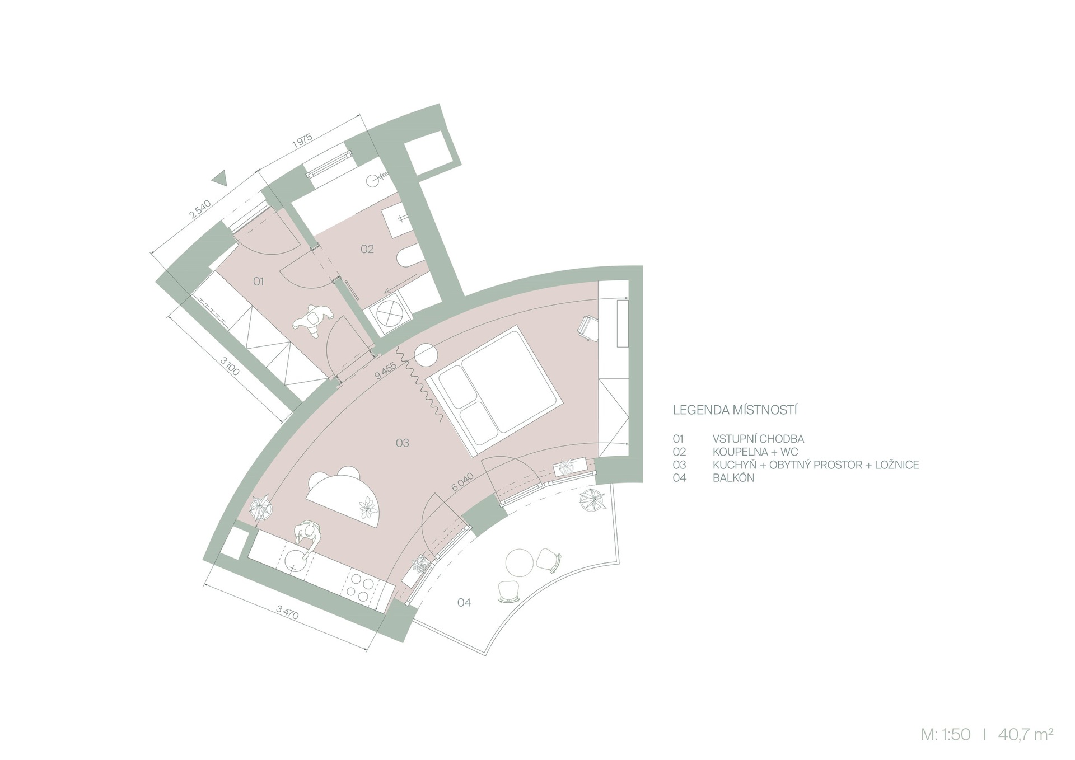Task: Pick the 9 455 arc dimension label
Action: [x=385, y=371]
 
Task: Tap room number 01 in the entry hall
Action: [x=258, y=282]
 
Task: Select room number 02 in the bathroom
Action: [x=367, y=249]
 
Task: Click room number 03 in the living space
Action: [x=402, y=443]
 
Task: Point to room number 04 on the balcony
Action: [x=464, y=602]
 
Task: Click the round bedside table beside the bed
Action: [x=427, y=354]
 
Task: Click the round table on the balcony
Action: [x=518, y=562]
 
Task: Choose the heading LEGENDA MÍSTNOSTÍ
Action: [x=735, y=410]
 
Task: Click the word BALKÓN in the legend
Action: [x=733, y=478]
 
